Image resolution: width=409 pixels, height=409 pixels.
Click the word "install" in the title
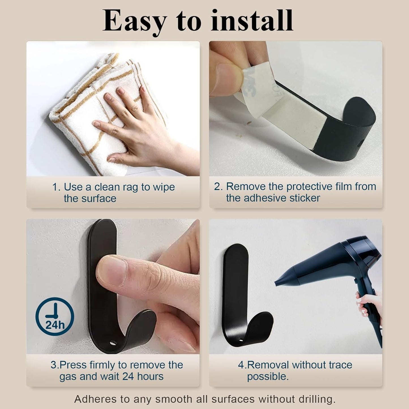pos(252,20)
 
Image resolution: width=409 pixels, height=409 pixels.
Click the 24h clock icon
pos(55,316)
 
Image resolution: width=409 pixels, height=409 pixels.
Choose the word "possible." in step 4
pos(268,377)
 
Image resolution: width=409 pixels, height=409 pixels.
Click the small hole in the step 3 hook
pos(113,343)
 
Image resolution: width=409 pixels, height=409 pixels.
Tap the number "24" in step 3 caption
pos(128,377)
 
